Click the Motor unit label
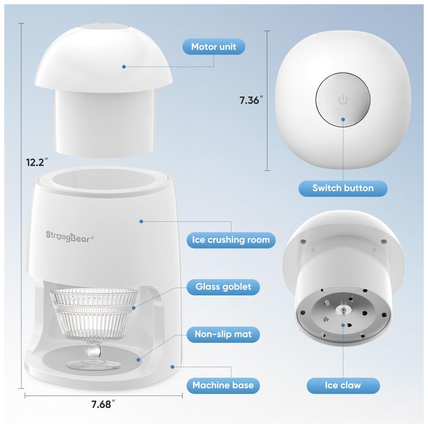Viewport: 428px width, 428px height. click(214, 47)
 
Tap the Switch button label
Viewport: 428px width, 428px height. click(343, 188)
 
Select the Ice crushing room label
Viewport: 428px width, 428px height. click(231, 240)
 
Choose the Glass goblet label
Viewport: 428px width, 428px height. click(223, 287)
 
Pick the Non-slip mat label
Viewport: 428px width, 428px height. click(223, 334)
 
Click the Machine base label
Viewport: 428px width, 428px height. click(223, 386)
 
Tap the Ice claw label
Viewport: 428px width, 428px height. click(343, 386)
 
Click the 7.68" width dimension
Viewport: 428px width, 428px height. click(103, 404)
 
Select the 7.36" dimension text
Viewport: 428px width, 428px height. click(251, 100)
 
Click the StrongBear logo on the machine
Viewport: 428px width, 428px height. click(70, 236)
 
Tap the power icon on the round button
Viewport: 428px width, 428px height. click(343, 100)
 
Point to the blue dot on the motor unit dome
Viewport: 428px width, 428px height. click(124, 67)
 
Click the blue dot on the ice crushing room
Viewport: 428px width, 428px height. click(141, 221)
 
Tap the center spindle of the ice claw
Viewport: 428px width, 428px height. click(343, 310)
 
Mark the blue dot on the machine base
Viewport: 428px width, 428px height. click(172, 367)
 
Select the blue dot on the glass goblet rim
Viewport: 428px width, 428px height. click(134, 308)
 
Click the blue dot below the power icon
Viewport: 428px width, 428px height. click(343, 119)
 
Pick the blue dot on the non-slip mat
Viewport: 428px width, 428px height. click(139, 360)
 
